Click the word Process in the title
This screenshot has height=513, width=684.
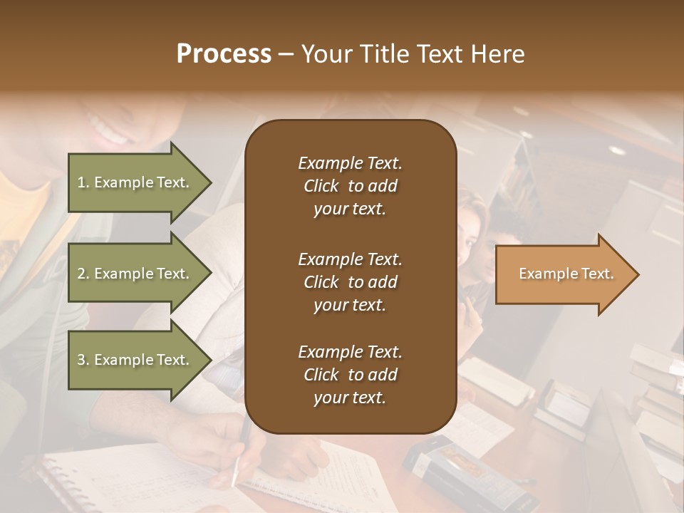point(224,54)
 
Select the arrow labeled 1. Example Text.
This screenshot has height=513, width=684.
point(139,182)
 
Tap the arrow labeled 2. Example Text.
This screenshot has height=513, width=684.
point(139,274)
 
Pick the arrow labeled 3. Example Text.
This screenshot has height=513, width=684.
point(139,360)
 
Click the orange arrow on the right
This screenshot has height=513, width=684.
point(566,274)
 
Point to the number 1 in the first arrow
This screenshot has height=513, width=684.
point(81,182)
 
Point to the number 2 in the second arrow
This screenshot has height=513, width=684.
point(81,274)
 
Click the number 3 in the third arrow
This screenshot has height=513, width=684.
point(81,360)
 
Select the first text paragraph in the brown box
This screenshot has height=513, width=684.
point(350,186)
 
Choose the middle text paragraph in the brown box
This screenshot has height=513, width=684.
point(350,281)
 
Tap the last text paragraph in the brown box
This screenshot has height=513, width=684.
point(350,375)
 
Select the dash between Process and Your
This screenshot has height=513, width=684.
point(286,55)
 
